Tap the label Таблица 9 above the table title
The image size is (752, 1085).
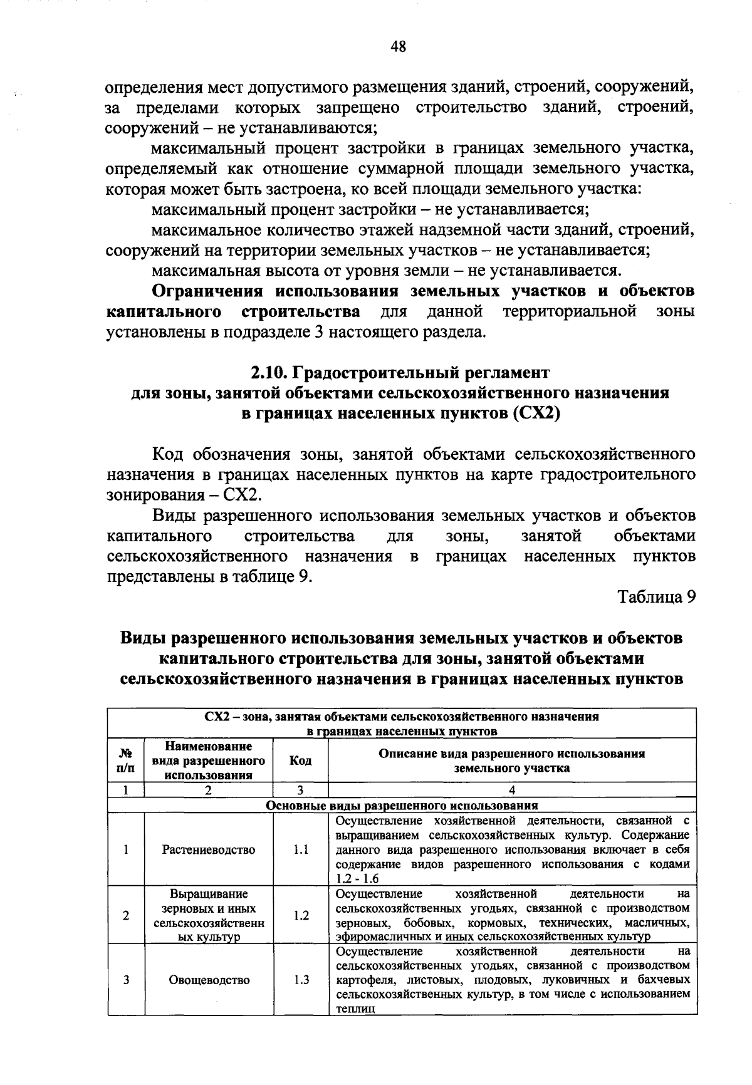pyautogui.click(x=656, y=597)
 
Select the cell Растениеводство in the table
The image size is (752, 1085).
pyautogui.click(x=209, y=850)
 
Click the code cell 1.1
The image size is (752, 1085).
pyautogui.click(x=301, y=850)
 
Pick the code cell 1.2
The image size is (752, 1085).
pyautogui.click(x=301, y=915)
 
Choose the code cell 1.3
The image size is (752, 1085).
pyautogui.click(x=301, y=980)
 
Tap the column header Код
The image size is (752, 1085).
pyautogui.click(x=301, y=761)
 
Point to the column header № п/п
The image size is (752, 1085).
pyautogui.click(x=126, y=761)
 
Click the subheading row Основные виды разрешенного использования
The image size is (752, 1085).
pyautogui.click(x=402, y=806)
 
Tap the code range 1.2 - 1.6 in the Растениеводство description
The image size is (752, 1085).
pyautogui.click(x=357, y=879)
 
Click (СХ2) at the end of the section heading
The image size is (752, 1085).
pyautogui.click(x=535, y=414)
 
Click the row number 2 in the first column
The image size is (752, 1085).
pyautogui.click(x=126, y=915)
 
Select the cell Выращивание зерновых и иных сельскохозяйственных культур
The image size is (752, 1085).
pyautogui.click(x=209, y=915)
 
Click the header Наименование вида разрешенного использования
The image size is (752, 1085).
pyautogui.click(x=209, y=761)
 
